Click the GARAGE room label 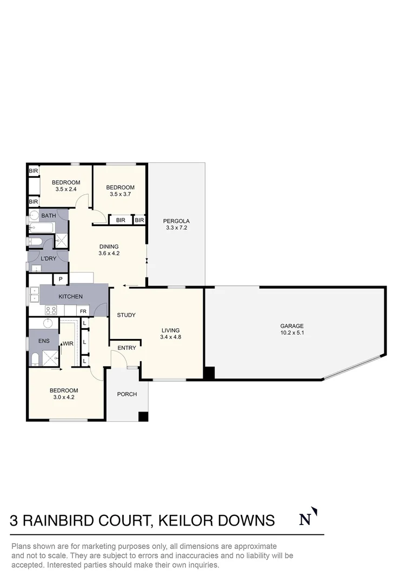291,326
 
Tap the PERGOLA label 178,221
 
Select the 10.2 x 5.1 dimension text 291,333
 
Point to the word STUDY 126,315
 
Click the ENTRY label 126,348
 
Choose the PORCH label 127,394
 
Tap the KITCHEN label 71,296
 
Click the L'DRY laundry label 49,259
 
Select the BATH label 49,216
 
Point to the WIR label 68,343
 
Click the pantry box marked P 61,279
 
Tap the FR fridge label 83,311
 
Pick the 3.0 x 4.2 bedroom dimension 64,397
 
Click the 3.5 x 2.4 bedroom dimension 66,189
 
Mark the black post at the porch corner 143,417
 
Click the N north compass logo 307,519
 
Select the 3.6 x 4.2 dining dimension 109,253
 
